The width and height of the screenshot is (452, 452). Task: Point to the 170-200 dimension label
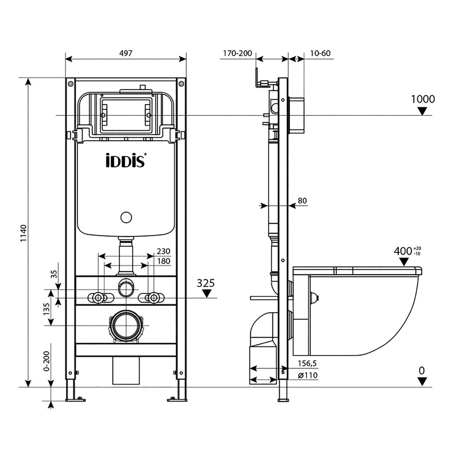[238, 53]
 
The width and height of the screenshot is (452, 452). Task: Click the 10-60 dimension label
[320, 53]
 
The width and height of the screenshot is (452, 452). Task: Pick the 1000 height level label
[423, 99]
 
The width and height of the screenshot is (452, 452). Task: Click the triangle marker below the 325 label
[206, 293]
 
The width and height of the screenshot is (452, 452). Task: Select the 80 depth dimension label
[302, 201]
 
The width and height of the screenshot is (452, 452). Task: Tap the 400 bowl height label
[403, 251]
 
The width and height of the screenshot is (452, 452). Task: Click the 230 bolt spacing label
[163, 251]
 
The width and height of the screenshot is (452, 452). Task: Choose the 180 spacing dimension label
[163, 261]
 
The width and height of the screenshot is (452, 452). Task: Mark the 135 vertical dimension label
[46, 309]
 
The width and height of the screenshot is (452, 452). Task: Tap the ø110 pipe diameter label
[308, 375]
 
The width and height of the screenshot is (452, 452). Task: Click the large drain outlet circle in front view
[126, 325]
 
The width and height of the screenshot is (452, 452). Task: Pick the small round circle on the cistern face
[126, 217]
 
